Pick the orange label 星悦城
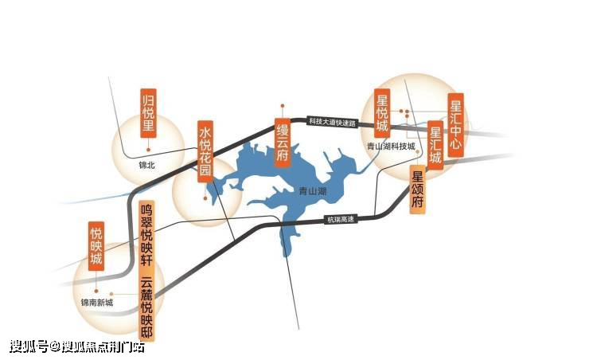pyautogui.click(x=382, y=115)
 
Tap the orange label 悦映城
pyautogui.click(x=96, y=247)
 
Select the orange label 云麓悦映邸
pyautogui.click(x=146, y=307)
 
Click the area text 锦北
pyautogui.click(x=147, y=166)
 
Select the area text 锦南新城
pyautogui.click(x=97, y=302)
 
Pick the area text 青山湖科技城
pyautogui.click(x=390, y=147)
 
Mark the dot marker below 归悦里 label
pyautogui.click(x=147, y=150)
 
